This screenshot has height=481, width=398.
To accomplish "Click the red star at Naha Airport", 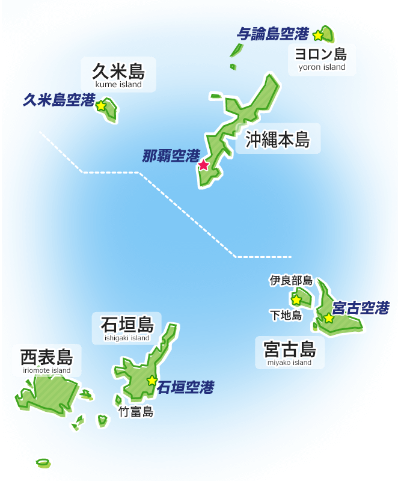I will pyautogui.click(x=204, y=165).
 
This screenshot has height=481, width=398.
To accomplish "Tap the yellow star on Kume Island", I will pyautogui.click(x=101, y=106).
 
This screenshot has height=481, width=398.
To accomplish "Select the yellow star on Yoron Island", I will pyautogui.click(x=318, y=35).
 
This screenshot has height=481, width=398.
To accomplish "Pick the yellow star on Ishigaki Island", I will pyautogui.click(x=152, y=380).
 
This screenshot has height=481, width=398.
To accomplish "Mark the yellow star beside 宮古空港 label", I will pyautogui.click(x=329, y=318).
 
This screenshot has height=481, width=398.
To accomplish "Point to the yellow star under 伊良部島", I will pyautogui.click(x=296, y=299).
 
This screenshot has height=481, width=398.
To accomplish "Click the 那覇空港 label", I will pyautogui.click(x=171, y=156).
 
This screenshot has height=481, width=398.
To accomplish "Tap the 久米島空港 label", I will pyautogui.click(x=59, y=100).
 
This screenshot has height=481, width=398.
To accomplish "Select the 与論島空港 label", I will pyautogui.click(x=272, y=34).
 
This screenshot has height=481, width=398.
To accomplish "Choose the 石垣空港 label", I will pyautogui.click(x=185, y=388).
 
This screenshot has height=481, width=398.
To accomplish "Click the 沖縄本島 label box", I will pyautogui.click(x=278, y=139).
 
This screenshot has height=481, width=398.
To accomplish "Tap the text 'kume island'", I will pyautogui.click(x=118, y=85).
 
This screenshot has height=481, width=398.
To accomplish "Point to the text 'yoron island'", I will pyautogui.click(x=322, y=67).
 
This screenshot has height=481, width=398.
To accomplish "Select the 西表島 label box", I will pyautogui.click(x=47, y=361).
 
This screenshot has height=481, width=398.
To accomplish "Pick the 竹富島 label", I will pyautogui.click(x=136, y=412).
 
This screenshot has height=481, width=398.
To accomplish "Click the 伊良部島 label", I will pyautogui.click(x=291, y=280).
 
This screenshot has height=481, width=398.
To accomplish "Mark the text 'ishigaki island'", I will pyautogui.click(x=127, y=338).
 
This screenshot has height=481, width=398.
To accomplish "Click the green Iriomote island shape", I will pyautogui.click(x=45, y=394).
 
